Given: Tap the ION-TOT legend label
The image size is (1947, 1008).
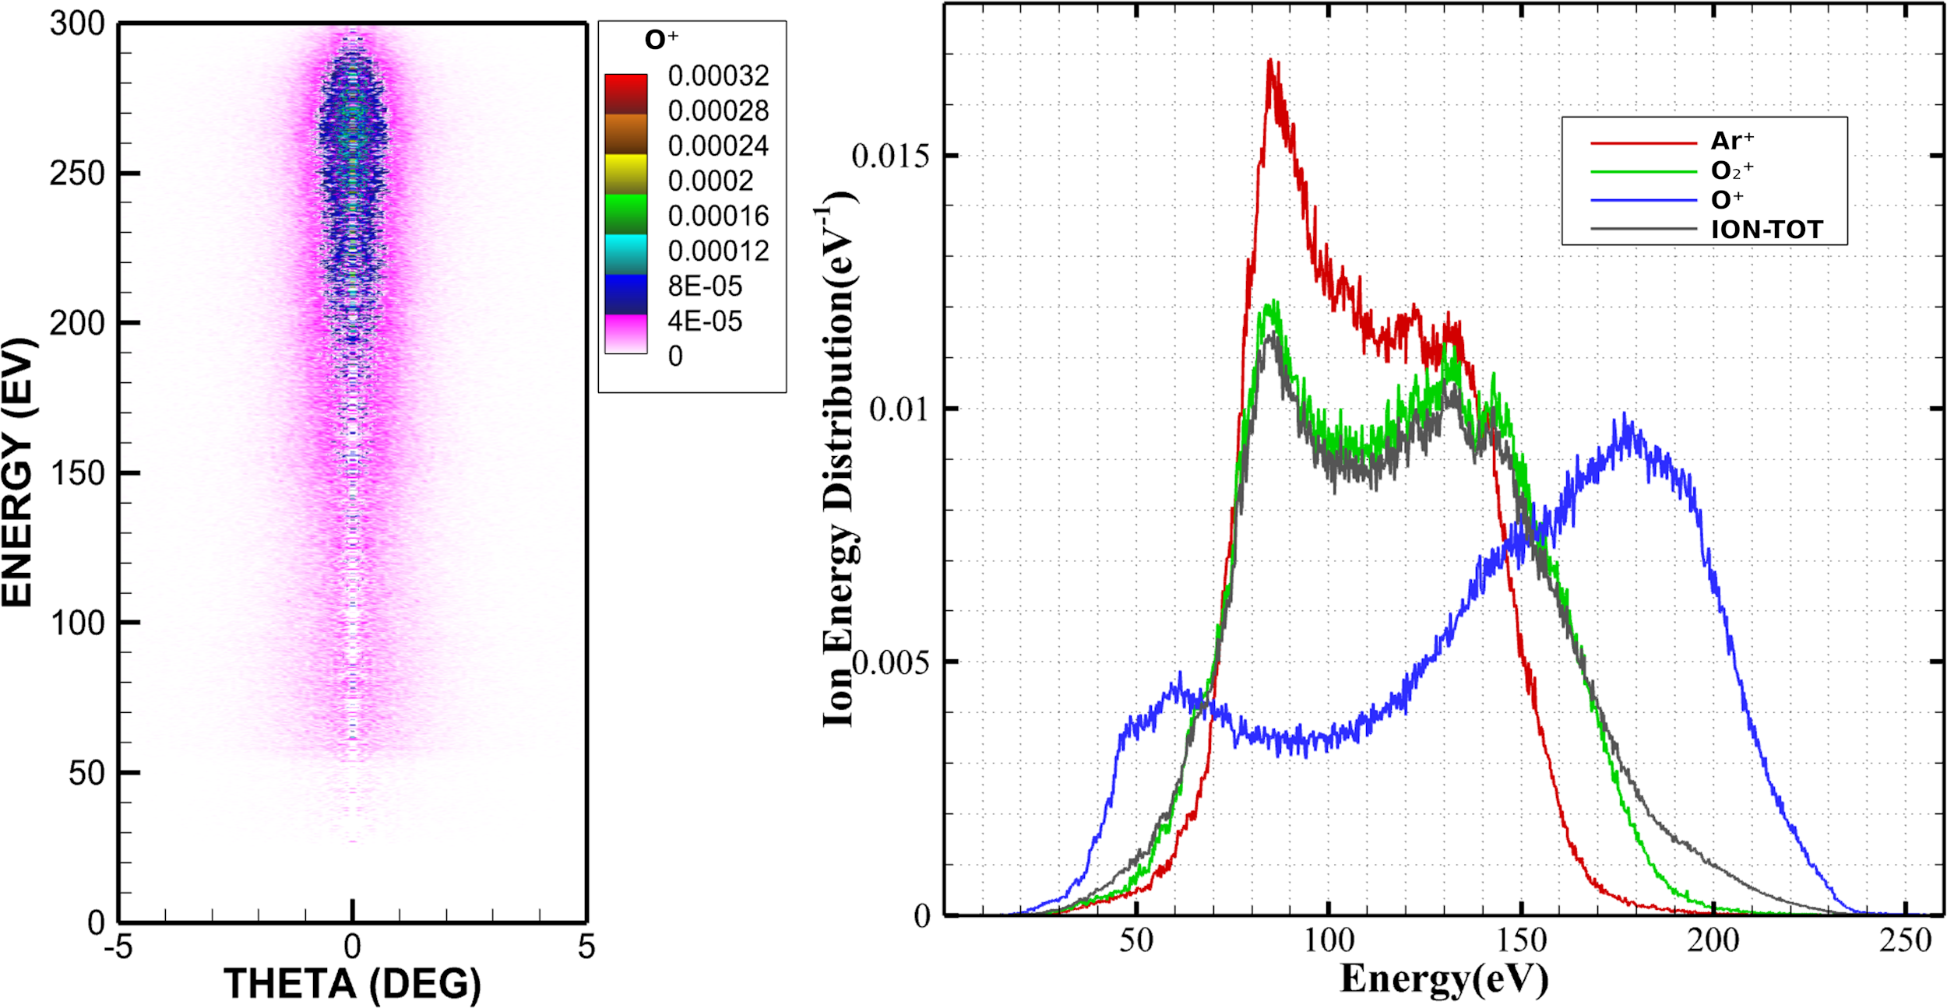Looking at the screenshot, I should [x=1767, y=230].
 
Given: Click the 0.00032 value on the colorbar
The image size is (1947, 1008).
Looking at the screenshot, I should [x=718, y=76].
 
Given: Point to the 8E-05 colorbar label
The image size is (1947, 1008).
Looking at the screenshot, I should [x=705, y=286].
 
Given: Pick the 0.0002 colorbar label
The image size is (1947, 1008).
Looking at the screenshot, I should [x=710, y=181].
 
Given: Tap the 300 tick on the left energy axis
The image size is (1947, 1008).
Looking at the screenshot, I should [x=77, y=24].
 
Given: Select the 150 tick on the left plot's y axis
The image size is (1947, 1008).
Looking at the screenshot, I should [x=77, y=473].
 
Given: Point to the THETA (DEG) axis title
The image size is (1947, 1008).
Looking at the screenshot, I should [x=352, y=984].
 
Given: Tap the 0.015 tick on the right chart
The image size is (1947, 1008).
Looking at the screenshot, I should [x=890, y=156].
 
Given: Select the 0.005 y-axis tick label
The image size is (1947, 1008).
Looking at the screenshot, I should [x=890, y=662].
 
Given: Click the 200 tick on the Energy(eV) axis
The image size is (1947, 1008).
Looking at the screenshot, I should [x=1713, y=941].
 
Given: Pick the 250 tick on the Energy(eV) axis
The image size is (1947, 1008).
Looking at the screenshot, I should [x=1905, y=941].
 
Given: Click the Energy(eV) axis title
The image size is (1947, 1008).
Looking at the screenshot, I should [x=1443, y=979].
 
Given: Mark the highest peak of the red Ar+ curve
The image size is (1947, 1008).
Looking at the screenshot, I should [x=1270, y=60].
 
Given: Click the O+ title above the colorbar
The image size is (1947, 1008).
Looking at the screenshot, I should [x=661, y=40].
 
